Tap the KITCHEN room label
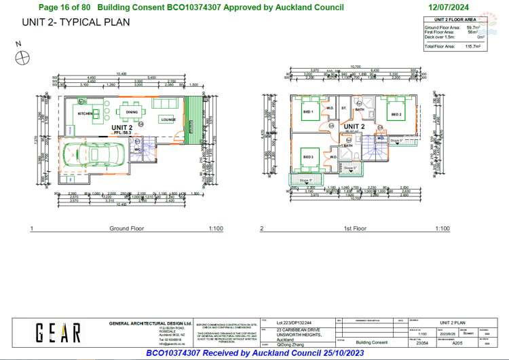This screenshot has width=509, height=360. (86, 113)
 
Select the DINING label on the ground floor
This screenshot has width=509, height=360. (132, 113)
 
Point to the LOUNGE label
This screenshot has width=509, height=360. (168, 120)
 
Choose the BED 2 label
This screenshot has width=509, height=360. (396, 115)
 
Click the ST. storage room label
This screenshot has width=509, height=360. (344, 108)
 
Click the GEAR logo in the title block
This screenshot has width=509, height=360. (58, 332)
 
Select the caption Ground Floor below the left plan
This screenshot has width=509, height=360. (127, 228)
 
